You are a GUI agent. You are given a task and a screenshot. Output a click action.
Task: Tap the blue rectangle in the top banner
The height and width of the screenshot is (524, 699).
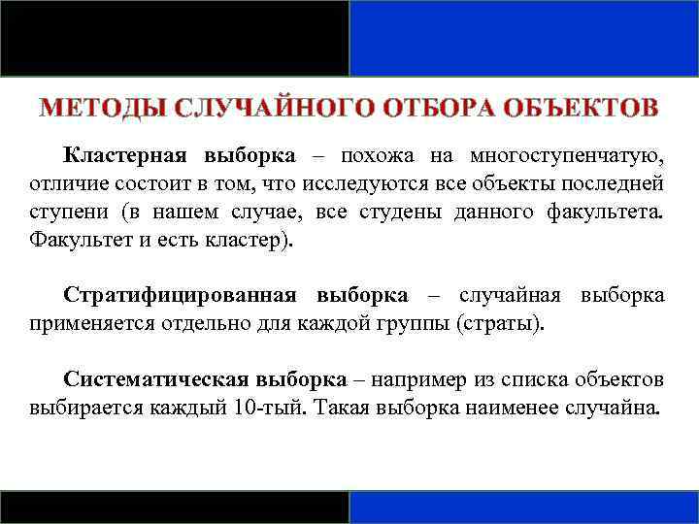pos(523,38)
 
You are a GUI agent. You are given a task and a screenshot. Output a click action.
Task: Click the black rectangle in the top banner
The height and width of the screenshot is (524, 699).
pos(175,38)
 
